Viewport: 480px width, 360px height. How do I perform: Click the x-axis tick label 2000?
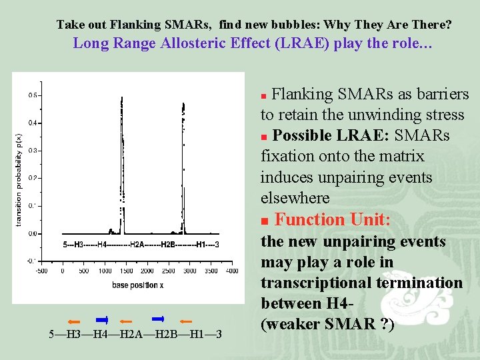(x=147, y=271)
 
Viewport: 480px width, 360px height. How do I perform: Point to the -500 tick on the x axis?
(x=41, y=271)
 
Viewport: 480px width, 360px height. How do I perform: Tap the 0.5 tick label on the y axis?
(x=32, y=95)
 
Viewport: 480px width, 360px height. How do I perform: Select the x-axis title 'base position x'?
(x=137, y=285)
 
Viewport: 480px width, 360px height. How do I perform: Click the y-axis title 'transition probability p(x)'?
(x=18, y=178)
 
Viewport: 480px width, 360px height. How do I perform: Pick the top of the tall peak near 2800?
(x=183, y=103)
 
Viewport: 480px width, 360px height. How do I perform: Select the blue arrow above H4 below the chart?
(x=102, y=319)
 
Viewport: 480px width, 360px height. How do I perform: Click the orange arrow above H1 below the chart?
(x=185, y=321)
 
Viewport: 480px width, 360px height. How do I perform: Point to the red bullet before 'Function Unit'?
(x=265, y=221)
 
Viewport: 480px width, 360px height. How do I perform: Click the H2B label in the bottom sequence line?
(x=169, y=333)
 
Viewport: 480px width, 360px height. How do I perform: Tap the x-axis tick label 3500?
(x=211, y=271)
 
